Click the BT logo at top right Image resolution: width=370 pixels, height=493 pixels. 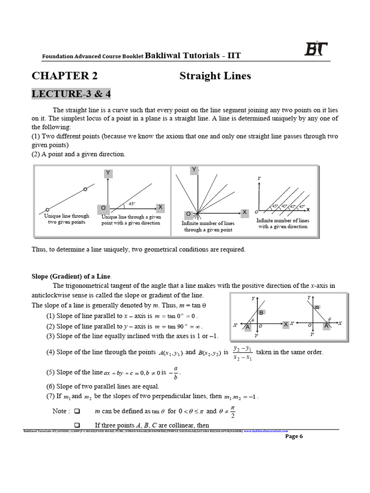click(316, 50)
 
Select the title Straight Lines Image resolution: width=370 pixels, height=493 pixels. click(215, 76)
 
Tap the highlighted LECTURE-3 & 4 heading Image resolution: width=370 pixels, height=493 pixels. click(71, 94)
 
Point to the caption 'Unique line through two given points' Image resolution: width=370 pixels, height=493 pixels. click(66, 219)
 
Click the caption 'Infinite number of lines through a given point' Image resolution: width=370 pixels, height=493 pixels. click(208, 226)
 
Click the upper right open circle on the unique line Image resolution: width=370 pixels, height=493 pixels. click(85, 189)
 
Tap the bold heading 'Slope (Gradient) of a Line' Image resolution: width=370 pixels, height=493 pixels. click(71, 276)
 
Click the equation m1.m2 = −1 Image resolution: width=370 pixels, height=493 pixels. click(241, 397)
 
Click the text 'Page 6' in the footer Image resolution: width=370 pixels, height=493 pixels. click(294, 437)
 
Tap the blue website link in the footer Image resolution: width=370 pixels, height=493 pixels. click(266, 431)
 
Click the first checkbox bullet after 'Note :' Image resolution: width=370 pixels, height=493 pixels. click(77, 412)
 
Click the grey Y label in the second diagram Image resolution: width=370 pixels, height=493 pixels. click(108, 173)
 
